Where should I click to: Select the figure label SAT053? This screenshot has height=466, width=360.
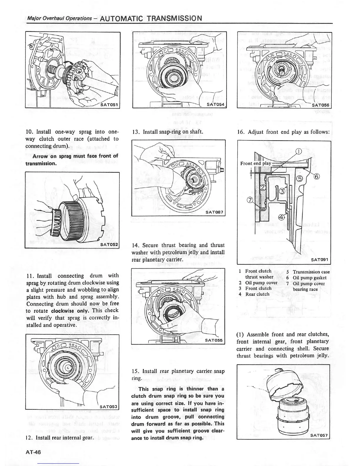click(x=109, y=407)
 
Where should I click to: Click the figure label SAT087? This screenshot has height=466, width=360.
click(x=214, y=212)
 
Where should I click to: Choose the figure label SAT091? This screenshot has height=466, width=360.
click(x=320, y=260)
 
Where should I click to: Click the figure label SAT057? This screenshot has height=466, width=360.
click(x=319, y=436)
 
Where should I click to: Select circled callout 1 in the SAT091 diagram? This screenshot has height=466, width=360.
click(x=299, y=152)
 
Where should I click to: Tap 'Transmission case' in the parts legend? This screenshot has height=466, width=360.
click(x=311, y=272)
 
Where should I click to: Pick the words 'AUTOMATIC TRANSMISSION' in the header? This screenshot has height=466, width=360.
click(x=151, y=19)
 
